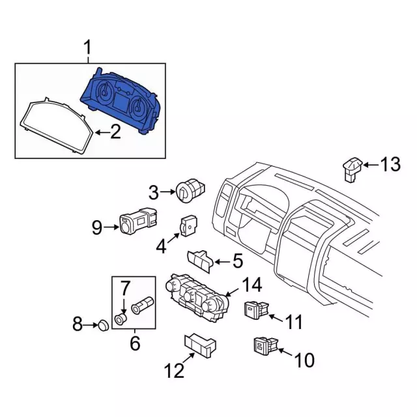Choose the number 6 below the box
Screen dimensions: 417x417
point(135,341)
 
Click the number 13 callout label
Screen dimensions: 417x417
point(390,165)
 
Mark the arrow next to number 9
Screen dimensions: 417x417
point(111,227)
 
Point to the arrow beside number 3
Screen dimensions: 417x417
point(167,192)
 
